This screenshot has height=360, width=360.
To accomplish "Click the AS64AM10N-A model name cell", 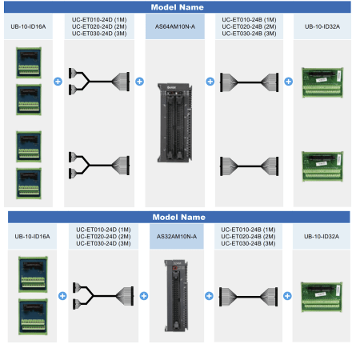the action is (175, 26).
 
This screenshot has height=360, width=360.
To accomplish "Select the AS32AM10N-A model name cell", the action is (177, 236).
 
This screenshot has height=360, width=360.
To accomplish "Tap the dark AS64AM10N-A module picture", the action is (175, 122).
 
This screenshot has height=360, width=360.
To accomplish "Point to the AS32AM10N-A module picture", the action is (176, 296).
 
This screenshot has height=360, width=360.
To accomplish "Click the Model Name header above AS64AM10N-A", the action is (178, 7).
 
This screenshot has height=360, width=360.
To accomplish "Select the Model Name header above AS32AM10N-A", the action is (179, 217).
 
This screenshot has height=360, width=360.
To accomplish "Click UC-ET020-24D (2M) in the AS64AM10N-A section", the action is (99, 26).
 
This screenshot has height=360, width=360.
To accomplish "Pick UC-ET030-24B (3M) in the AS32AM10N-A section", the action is (248, 243).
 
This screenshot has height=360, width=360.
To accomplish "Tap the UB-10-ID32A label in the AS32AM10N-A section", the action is (322, 237).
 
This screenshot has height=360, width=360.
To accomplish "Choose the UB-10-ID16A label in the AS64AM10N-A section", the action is (28, 26).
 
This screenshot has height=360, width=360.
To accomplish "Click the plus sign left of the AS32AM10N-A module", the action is (144, 296).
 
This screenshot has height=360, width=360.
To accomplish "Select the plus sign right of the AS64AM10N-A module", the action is (210, 82).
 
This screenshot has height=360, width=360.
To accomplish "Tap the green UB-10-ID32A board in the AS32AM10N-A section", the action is (322, 297).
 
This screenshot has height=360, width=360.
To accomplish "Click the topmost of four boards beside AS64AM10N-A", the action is (29, 62).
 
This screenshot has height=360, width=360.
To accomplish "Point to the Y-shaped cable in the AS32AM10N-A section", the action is (103, 296).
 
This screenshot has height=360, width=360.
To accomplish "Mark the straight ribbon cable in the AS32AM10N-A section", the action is (248, 297).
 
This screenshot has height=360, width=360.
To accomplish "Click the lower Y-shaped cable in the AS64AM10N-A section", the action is (99, 166).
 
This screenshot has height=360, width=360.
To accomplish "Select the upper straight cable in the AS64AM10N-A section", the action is (250, 82).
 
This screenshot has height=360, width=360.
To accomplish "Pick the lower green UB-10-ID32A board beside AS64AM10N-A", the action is (322, 166).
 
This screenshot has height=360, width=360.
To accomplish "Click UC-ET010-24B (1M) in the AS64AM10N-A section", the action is (249, 20).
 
